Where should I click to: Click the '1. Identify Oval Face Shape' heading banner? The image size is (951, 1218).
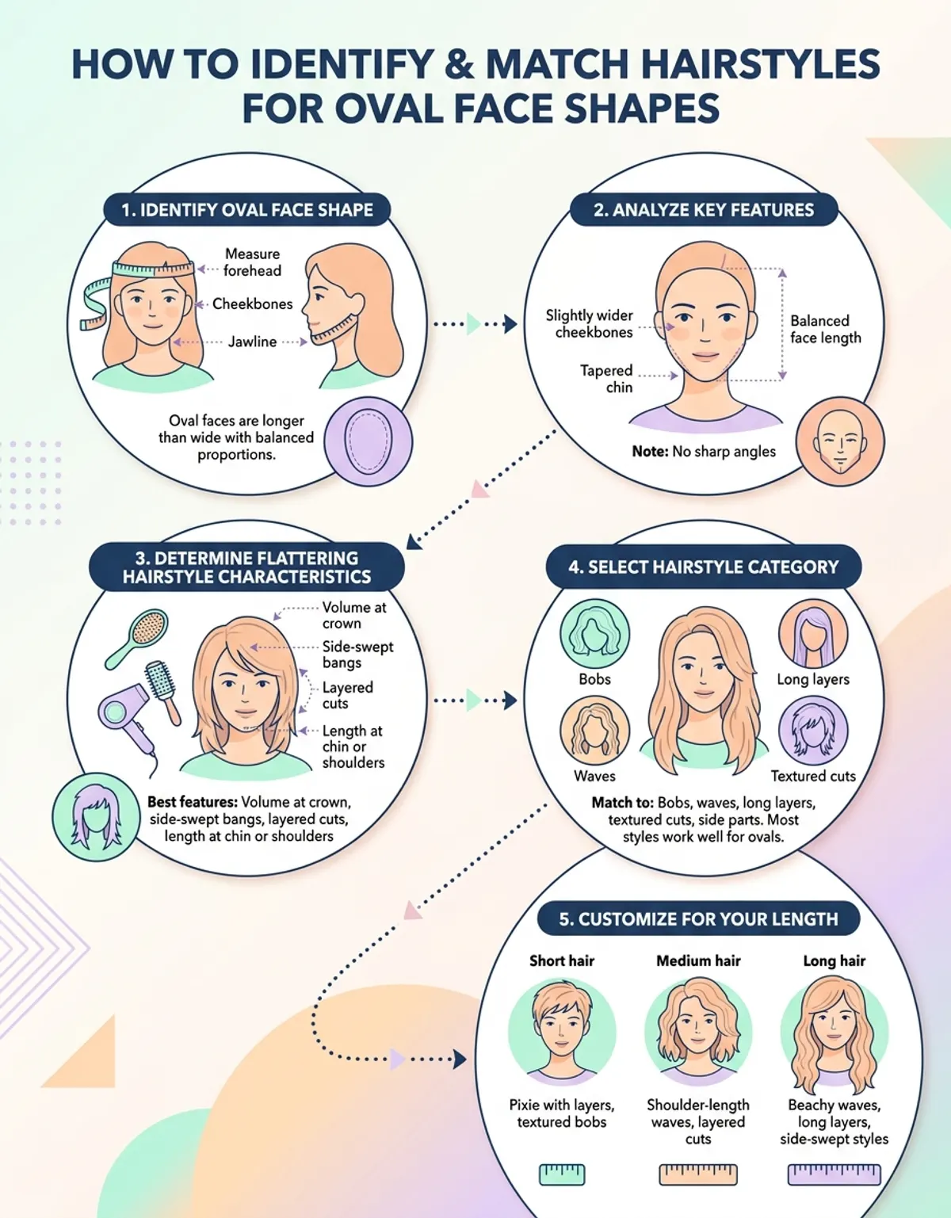(247, 210)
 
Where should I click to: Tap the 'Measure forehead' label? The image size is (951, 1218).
(252, 262)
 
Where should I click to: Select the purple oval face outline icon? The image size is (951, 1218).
(369, 441)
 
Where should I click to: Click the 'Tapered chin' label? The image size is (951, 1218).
(606, 379)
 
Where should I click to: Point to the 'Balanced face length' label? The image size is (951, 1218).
(826, 329)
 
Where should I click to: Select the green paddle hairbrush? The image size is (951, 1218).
(137, 639)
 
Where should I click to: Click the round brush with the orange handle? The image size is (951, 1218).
(163, 693)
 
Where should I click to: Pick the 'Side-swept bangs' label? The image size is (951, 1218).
(357, 655)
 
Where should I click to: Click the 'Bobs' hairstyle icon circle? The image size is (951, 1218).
(594, 635)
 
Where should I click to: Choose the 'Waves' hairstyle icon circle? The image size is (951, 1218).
(594, 731)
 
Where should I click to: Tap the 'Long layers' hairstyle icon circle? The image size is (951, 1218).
(813, 634)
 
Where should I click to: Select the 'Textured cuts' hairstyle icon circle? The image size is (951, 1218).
(813, 731)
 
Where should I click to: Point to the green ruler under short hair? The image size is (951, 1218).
(562, 1174)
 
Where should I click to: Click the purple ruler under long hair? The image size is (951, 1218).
(834, 1174)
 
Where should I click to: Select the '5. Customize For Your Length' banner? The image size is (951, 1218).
(698, 919)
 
